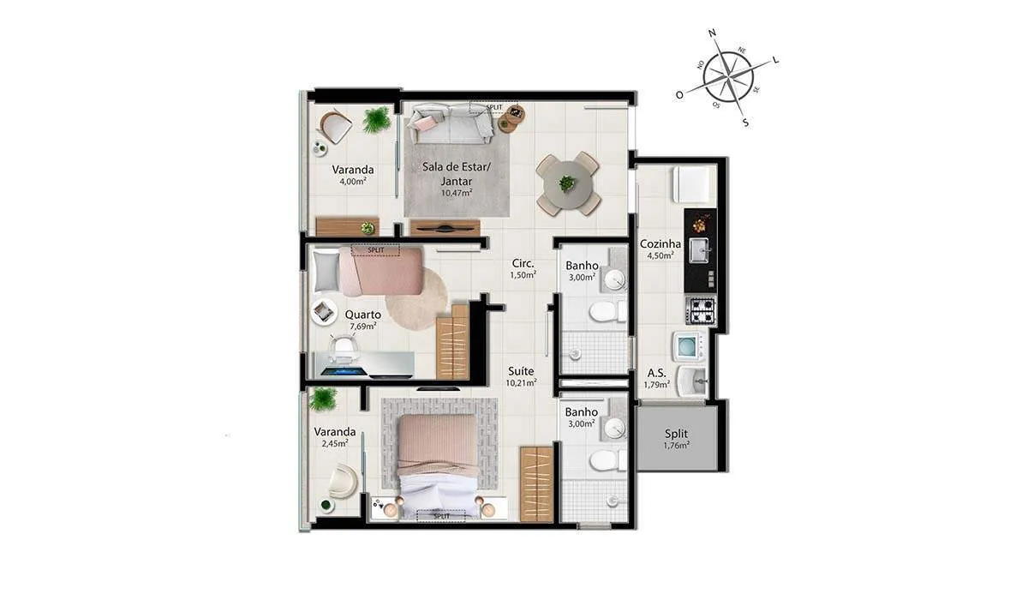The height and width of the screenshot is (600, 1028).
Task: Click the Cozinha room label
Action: (x=660, y=243)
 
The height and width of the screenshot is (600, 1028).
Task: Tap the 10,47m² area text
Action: (x=457, y=193)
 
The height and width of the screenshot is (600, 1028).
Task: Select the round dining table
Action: (x=568, y=184)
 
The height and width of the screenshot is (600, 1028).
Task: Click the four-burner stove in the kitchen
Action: (x=701, y=311)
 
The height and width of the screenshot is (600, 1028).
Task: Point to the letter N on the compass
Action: (x=712, y=33)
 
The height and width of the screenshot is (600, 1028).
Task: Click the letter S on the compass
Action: (x=745, y=123)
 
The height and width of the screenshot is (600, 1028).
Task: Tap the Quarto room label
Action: (x=362, y=315)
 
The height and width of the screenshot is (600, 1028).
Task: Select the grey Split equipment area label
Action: (x=677, y=434)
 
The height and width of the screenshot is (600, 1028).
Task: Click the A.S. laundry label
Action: (x=656, y=373)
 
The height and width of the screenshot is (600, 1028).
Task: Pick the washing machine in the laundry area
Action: (x=689, y=346)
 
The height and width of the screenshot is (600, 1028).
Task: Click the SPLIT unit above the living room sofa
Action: (x=493, y=107)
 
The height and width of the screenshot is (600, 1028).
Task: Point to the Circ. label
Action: (x=523, y=263)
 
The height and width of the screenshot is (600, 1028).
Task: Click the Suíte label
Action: (x=521, y=371)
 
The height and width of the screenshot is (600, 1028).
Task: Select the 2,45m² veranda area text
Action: (x=335, y=443)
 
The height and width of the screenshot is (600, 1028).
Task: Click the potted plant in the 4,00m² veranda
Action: (x=377, y=120)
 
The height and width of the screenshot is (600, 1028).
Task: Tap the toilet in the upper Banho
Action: (x=607, y=311)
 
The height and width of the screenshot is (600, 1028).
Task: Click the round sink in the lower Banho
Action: (x=614, y=429)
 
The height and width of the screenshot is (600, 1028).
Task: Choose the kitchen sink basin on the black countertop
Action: (x=698, y=250)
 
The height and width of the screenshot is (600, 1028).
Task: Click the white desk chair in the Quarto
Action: (x=343, y=346)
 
